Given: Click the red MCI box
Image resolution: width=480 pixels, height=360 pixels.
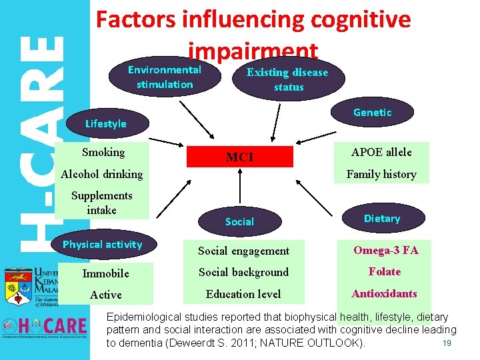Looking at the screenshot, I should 239,157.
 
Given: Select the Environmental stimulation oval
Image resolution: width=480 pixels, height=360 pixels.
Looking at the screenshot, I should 165,77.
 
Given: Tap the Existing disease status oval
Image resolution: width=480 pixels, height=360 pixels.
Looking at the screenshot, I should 288,79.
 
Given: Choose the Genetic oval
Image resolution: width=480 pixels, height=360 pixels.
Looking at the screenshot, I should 373,113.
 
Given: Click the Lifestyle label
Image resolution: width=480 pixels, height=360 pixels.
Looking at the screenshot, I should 105,123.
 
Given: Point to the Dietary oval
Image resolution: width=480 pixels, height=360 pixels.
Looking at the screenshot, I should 382,219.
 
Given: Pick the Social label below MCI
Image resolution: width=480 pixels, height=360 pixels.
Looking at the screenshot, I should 239,221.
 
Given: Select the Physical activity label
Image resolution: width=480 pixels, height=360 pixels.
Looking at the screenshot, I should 102,245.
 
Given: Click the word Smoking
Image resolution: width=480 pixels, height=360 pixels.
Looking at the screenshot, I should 103,152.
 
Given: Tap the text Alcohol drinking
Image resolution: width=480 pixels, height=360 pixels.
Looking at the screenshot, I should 102,174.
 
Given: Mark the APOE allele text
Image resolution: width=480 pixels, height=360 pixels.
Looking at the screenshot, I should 382,152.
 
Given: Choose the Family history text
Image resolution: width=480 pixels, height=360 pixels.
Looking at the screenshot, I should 381,174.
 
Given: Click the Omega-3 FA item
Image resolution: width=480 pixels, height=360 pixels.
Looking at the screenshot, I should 385,250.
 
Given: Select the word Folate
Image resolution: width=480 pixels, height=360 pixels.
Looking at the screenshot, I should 385,271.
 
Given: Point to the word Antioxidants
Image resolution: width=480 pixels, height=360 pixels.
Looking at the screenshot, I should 384,293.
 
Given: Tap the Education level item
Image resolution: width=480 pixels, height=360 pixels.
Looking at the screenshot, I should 243,294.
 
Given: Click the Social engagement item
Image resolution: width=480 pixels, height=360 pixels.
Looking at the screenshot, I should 243,251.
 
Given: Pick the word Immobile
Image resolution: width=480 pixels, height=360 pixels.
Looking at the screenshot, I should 105,273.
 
